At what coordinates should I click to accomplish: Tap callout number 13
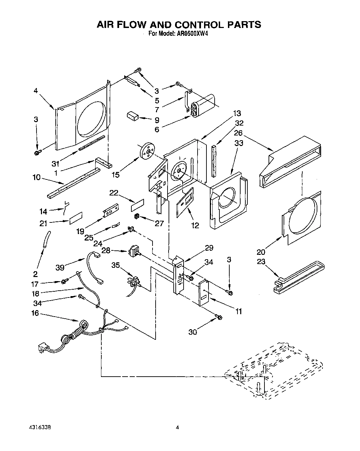pyautogui.click(x=237, y=113)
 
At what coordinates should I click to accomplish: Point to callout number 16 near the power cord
pyautogui.click(x=35, y=314)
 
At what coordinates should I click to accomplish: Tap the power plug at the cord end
pyautogui.click(x=42, y=349)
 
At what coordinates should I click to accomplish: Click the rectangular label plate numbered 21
pyautogui.click(x=76, y=218)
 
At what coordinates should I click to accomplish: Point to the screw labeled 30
pyautogui.click(x=218, y=318)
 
